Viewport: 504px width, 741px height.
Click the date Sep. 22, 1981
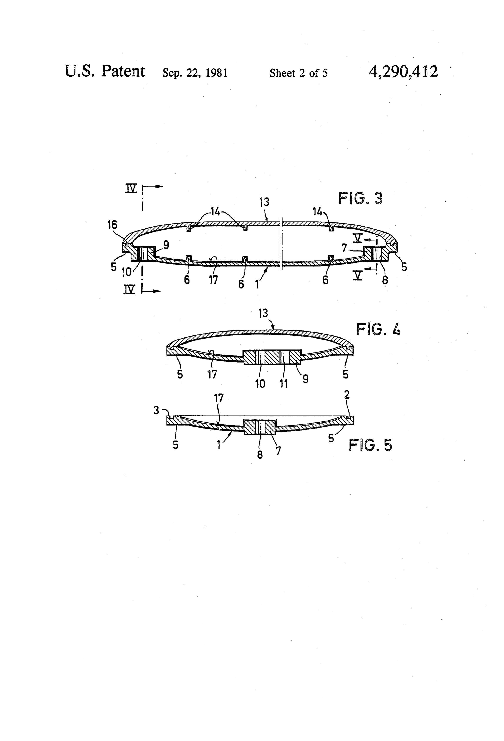click(195, 73)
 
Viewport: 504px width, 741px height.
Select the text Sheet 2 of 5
click(298, 73)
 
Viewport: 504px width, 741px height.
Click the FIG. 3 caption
click(360, 198)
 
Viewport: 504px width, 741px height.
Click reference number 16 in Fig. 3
click(112, 225)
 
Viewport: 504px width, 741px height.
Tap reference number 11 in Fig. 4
click(283, 383)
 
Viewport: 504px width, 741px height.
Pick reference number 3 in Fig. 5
click(156, 410)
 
